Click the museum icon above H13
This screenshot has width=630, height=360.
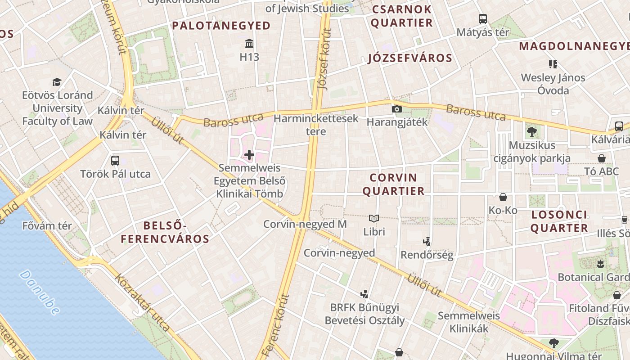coord(249,44)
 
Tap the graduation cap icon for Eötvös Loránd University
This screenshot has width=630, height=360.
coord(57,82)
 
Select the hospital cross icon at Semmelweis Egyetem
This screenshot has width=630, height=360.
coord(249,155)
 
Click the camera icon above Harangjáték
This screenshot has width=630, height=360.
coord(396,109)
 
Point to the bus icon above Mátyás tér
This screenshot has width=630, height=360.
coord(483,19)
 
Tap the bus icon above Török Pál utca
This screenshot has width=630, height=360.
coord(115,161)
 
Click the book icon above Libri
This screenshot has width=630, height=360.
coord(374,219)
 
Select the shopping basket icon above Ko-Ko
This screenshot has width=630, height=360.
coord(503,197)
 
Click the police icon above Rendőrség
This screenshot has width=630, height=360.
coord(427,242)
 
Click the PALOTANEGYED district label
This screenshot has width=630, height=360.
coord(221,26)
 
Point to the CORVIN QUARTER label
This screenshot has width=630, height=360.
coord(393,184)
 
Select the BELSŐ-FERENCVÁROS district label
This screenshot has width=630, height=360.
coord(165,232)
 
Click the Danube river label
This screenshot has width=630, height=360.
coord(40,292)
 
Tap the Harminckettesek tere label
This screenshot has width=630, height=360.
coord(316,125)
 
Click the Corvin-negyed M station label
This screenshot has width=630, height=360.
coord(305,224)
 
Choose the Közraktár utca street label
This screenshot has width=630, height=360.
coord(143,302)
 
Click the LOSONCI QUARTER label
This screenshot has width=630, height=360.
coord(559,221)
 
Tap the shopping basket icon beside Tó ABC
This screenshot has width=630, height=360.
coord(602,158)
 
